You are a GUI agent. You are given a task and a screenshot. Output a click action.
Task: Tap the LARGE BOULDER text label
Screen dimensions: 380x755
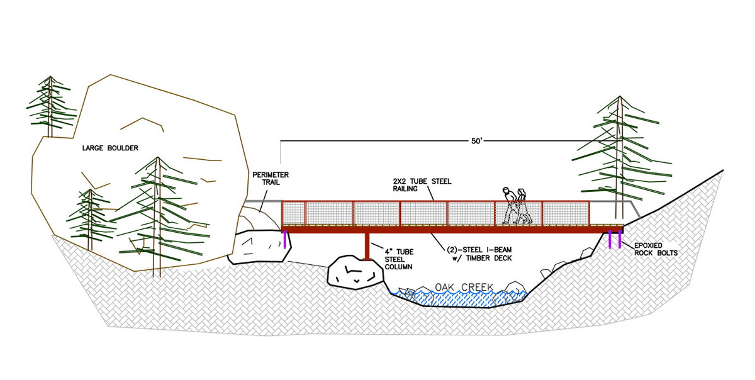[110, 148]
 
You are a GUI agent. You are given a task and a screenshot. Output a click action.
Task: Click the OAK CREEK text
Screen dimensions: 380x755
[464, 288]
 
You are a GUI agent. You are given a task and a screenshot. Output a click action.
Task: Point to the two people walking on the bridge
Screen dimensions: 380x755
[515, 206]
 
